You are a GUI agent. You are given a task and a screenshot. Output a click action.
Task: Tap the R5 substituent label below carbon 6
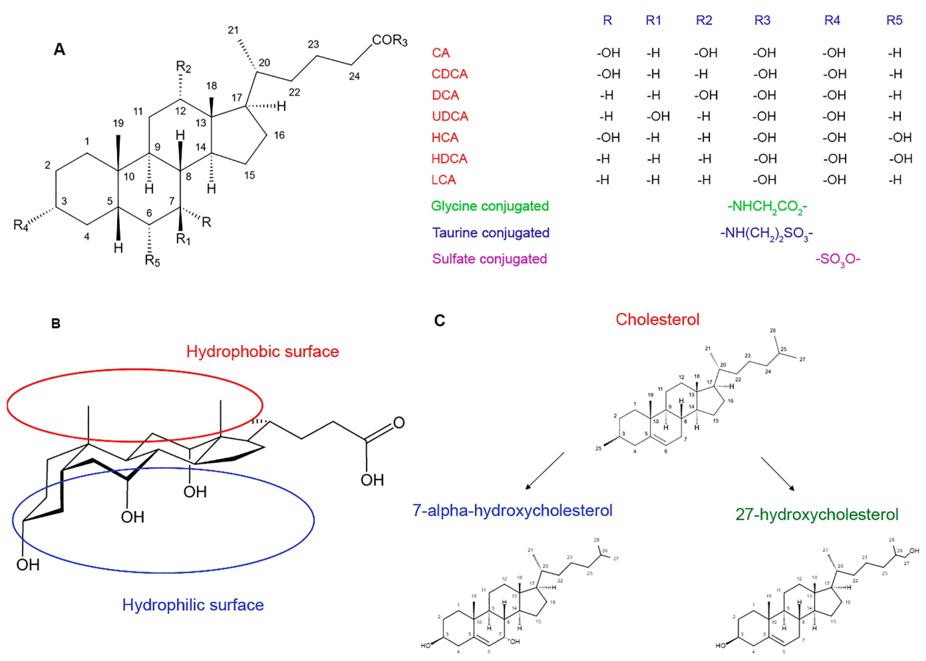click(152, 261)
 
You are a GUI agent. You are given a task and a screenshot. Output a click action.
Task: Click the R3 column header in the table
click(762, 20)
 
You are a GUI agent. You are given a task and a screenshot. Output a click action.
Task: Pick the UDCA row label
click(450, 116)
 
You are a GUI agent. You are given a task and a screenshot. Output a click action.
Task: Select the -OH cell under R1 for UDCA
click(657, 116)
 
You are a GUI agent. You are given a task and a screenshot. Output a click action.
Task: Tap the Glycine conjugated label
click(489, 206)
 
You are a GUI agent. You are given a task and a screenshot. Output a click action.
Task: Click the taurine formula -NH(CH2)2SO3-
click(766, 233)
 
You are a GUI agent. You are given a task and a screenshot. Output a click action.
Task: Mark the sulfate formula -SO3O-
click(837, 259)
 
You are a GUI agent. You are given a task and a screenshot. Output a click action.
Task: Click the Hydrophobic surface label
click(262, 352)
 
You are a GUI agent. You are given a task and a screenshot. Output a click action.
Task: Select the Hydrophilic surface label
click(193, 605)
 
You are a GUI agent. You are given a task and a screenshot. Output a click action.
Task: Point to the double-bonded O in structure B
click(398, 423)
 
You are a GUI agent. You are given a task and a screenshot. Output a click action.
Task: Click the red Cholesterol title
click(657, 319)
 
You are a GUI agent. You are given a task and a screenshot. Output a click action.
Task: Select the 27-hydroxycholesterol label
click(817, 514)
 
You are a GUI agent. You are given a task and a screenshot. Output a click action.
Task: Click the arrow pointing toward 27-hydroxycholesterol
click(778, 474)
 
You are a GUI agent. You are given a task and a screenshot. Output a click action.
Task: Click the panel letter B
click(56, 324)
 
